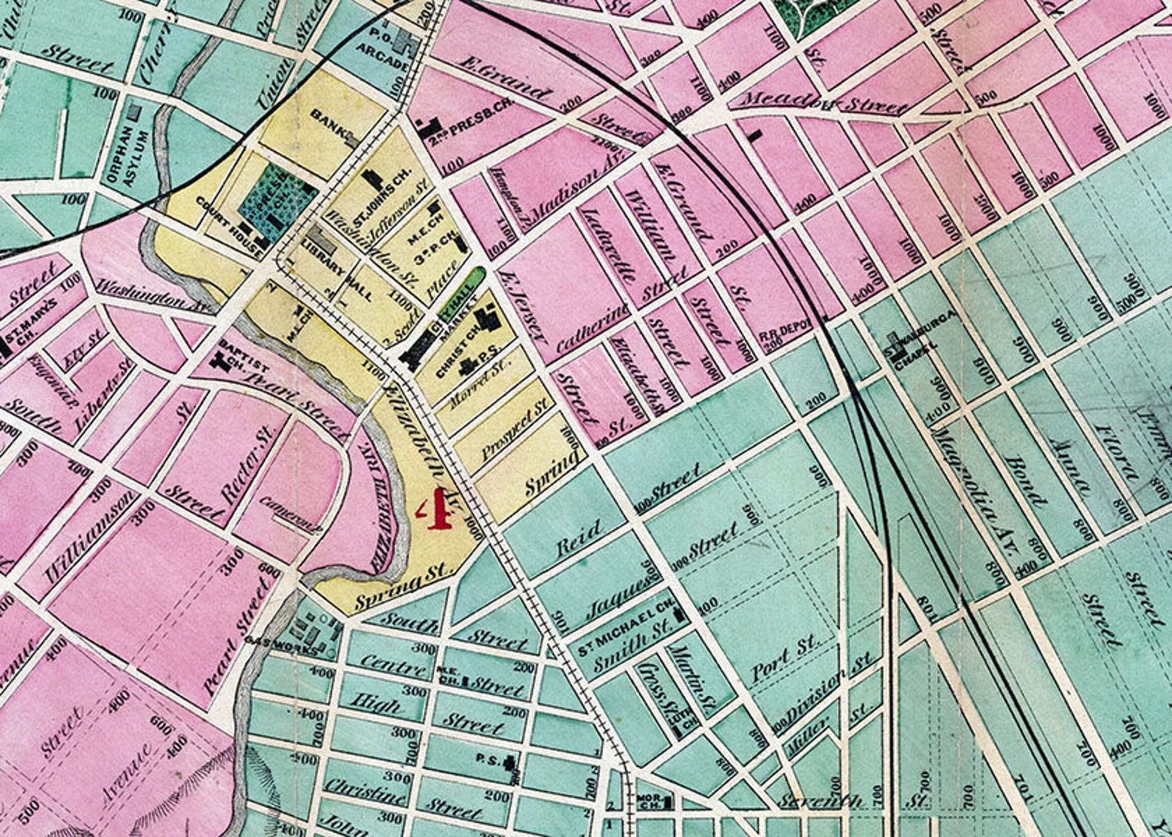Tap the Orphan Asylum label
tap(137, 157)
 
